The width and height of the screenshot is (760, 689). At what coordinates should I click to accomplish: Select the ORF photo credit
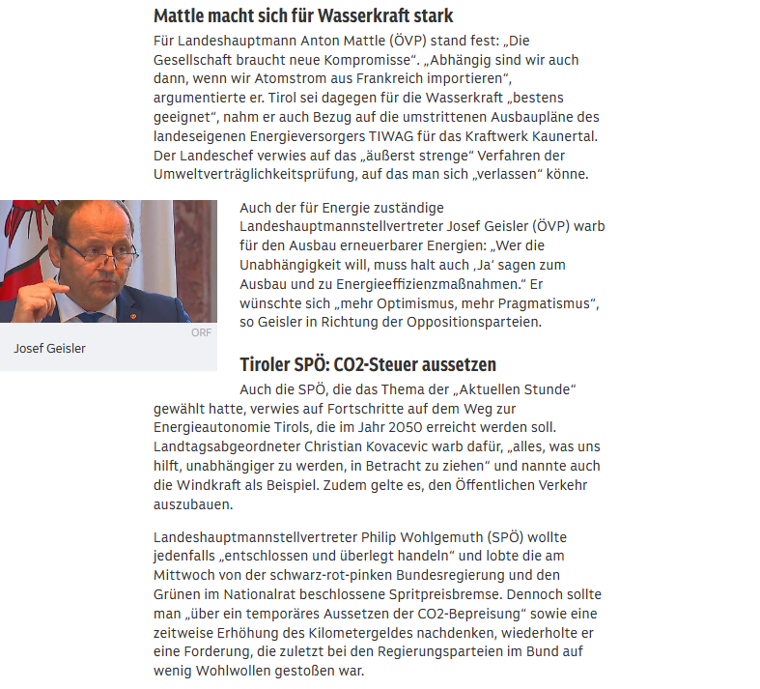coord(201,332)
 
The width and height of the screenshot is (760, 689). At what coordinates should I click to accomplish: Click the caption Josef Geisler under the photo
coord(50,349)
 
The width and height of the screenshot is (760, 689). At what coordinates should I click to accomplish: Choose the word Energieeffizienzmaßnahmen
coord(427,284)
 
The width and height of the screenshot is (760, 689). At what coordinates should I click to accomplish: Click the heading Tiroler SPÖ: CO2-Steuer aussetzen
coord(368,364)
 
